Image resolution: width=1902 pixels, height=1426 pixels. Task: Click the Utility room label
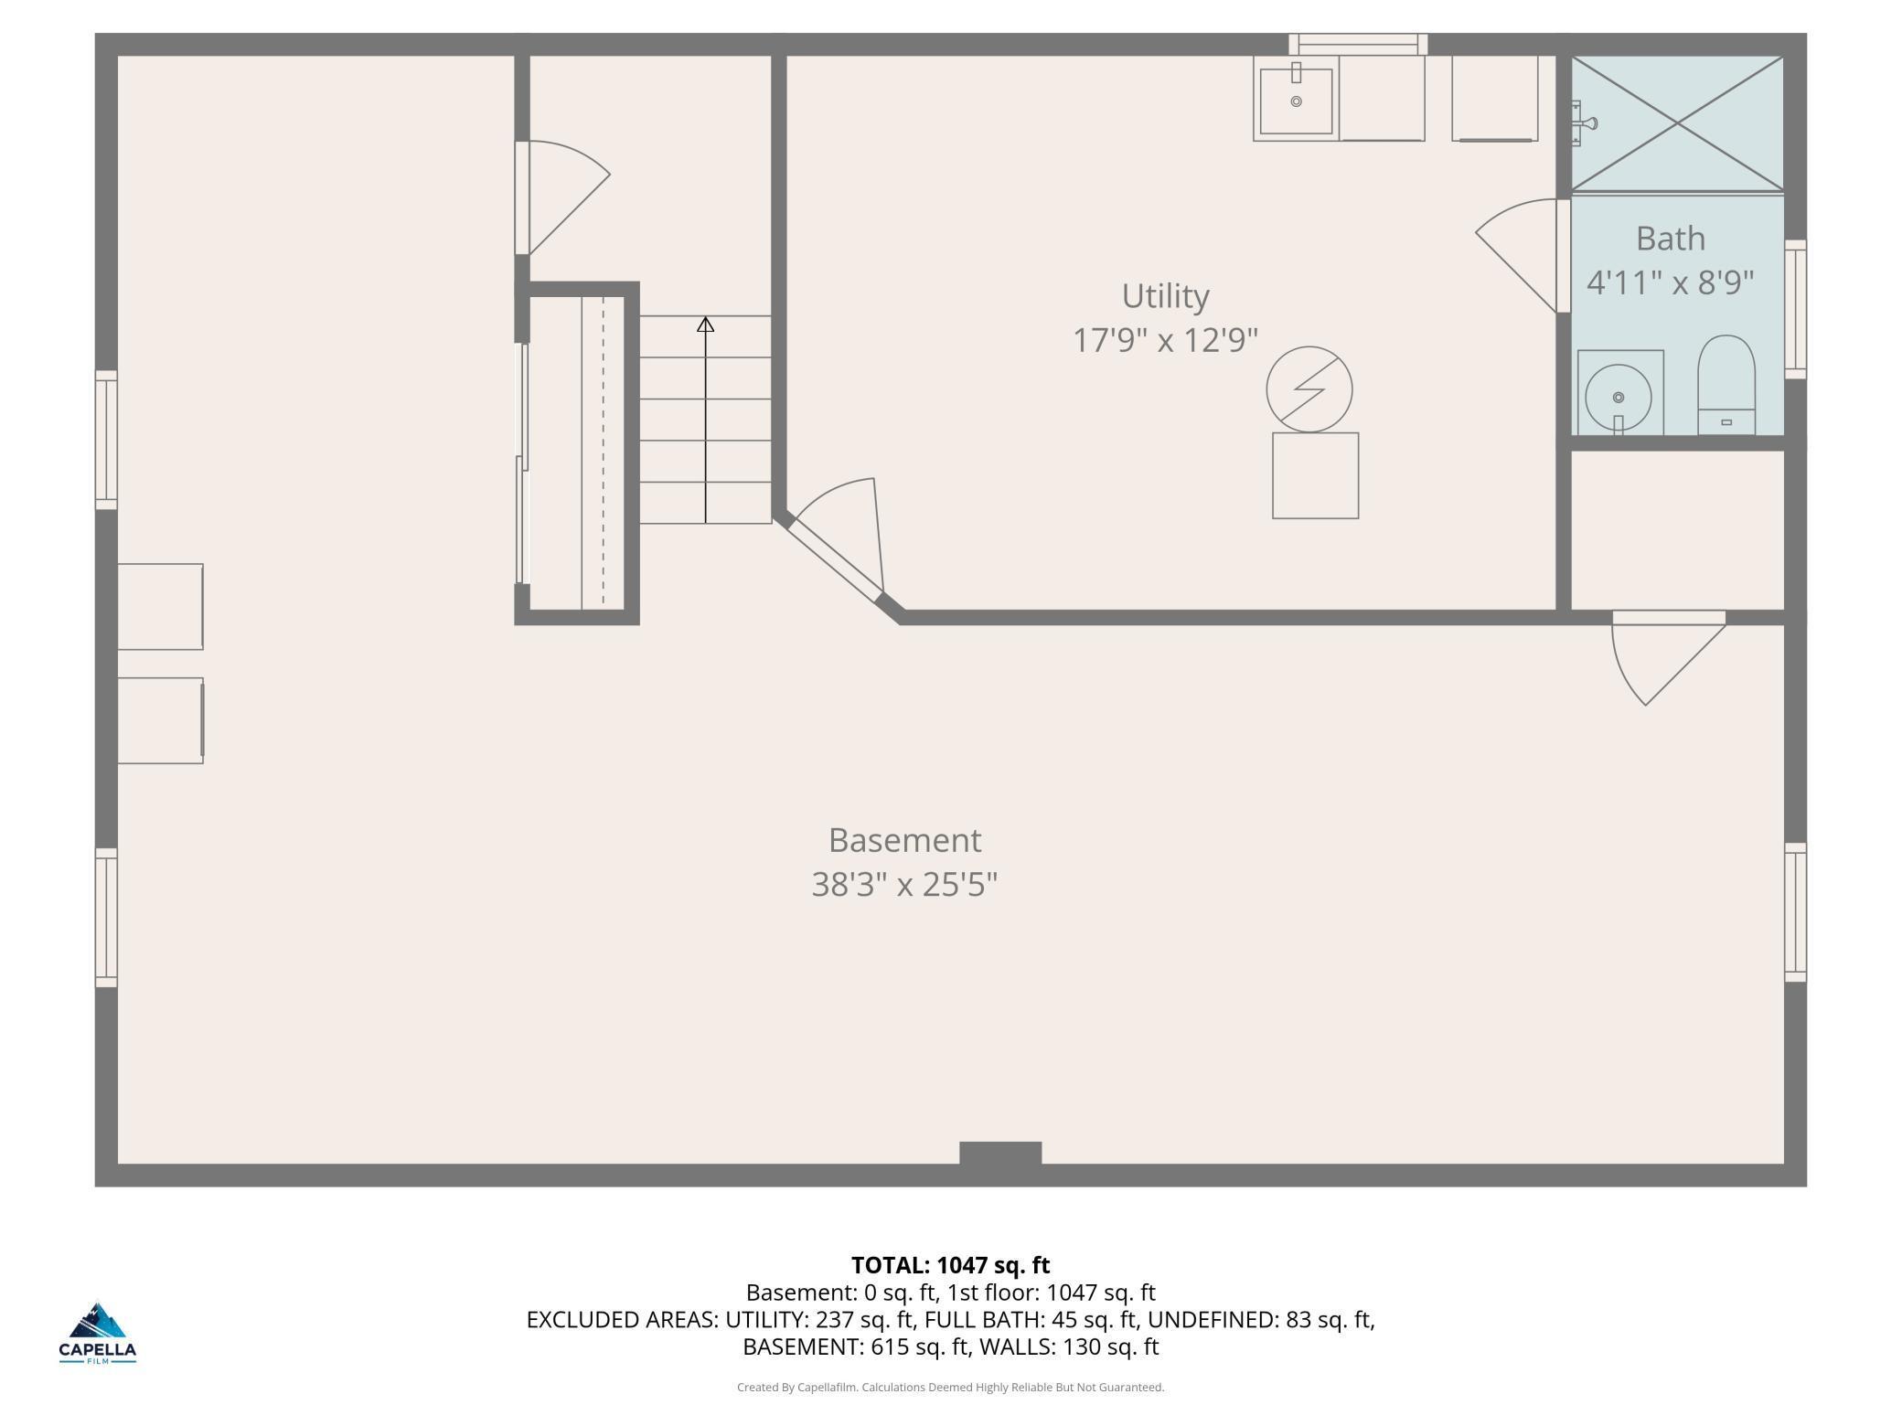1165,296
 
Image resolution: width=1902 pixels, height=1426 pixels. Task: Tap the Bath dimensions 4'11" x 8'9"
1670,282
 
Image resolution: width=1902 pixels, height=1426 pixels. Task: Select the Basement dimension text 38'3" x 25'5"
903,884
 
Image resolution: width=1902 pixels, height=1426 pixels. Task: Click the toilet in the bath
1726,384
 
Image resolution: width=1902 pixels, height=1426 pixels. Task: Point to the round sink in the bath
1618,398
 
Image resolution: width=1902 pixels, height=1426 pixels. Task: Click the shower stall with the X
1677,123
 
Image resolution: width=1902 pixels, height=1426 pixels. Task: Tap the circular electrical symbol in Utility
1309,388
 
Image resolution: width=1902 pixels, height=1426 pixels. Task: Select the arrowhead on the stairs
705,325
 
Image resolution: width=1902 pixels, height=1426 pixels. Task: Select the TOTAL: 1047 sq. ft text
950,1265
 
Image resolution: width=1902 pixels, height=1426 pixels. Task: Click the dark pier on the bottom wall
999,1153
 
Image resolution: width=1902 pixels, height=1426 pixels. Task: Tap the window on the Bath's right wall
1795,309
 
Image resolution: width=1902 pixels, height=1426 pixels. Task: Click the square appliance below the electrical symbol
1315,475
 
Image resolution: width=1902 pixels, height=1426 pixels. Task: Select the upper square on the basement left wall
160,606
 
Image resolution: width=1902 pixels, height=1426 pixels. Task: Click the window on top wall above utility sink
1358,44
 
